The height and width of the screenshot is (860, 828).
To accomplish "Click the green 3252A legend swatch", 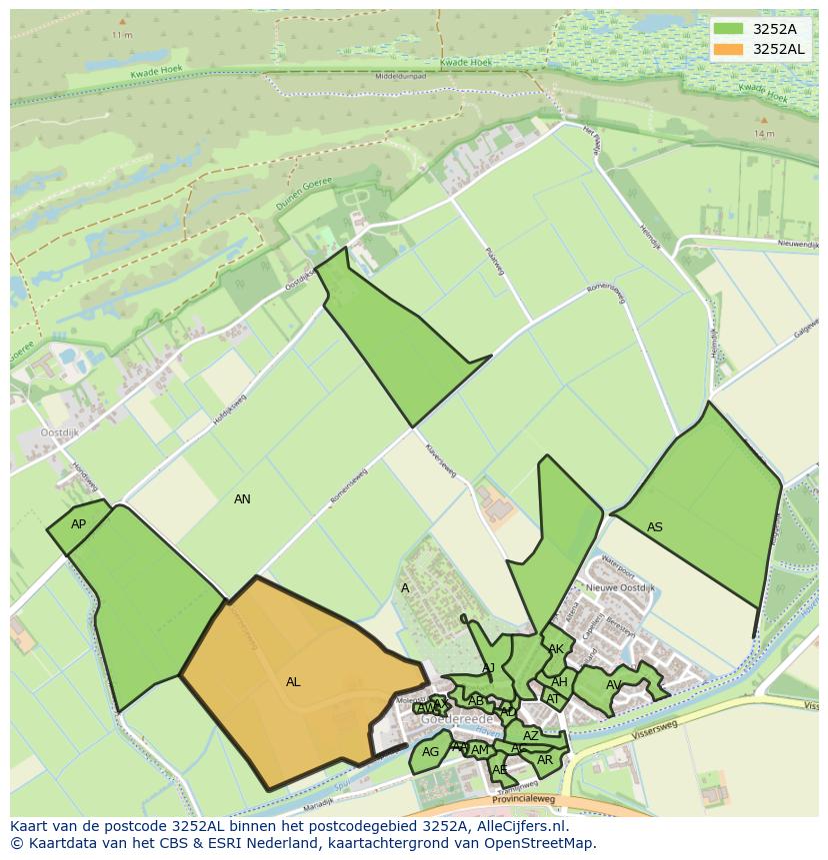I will (x=729, y=29).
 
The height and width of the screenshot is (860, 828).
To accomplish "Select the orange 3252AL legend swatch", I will (x=729, y=49).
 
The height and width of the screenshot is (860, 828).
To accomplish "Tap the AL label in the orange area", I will (x=293, y=682).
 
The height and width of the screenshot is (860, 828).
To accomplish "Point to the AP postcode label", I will (x=78, y=524).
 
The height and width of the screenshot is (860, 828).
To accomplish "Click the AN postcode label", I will (x=242, y=499).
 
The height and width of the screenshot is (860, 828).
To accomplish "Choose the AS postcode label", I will (x=655, y=527).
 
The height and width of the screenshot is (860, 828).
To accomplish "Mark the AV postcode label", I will (x=613, y=685).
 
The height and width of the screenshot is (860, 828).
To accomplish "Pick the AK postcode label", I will (x=556, y=649).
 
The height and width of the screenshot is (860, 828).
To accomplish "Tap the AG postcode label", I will (x=430, y=752).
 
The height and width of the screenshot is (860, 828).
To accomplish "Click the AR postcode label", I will (x=545, y=760).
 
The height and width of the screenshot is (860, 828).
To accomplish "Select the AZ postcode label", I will (x=531, y=736).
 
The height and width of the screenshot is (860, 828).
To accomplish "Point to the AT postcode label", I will (x=553, y=699).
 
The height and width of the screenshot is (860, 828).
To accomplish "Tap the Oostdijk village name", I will (x=60, y=432).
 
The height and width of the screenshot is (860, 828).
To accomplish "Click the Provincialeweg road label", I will (x=523, y=800).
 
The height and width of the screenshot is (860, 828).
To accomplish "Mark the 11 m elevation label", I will (x=122, y=35).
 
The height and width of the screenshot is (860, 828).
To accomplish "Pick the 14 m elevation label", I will (x=765, y=133).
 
